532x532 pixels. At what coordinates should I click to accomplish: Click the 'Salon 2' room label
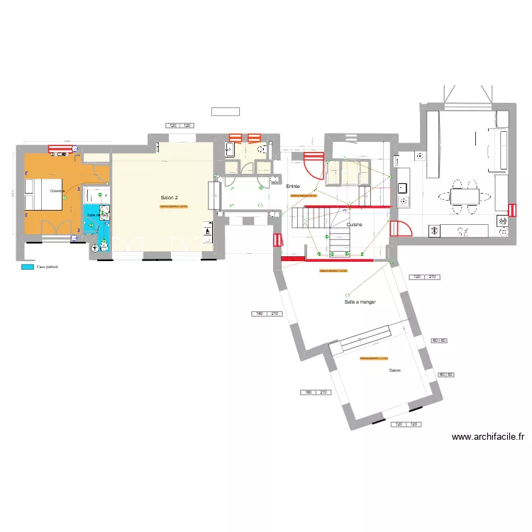[169, 197]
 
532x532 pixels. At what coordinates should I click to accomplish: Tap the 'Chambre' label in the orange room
[57, 191]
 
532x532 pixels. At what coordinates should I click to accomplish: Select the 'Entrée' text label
[293, 186]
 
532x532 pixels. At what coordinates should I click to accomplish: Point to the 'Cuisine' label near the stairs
[355, 224]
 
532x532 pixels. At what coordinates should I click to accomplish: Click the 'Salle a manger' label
[360, 301]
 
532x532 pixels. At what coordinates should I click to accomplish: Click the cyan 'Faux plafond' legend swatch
[28, 267]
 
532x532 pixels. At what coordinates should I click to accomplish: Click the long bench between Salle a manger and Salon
[360, 339]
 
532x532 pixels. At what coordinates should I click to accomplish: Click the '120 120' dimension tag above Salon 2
[179, 126]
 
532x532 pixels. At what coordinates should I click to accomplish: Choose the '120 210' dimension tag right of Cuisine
[424, 277]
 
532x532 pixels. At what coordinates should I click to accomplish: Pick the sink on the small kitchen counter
[402, 188]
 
